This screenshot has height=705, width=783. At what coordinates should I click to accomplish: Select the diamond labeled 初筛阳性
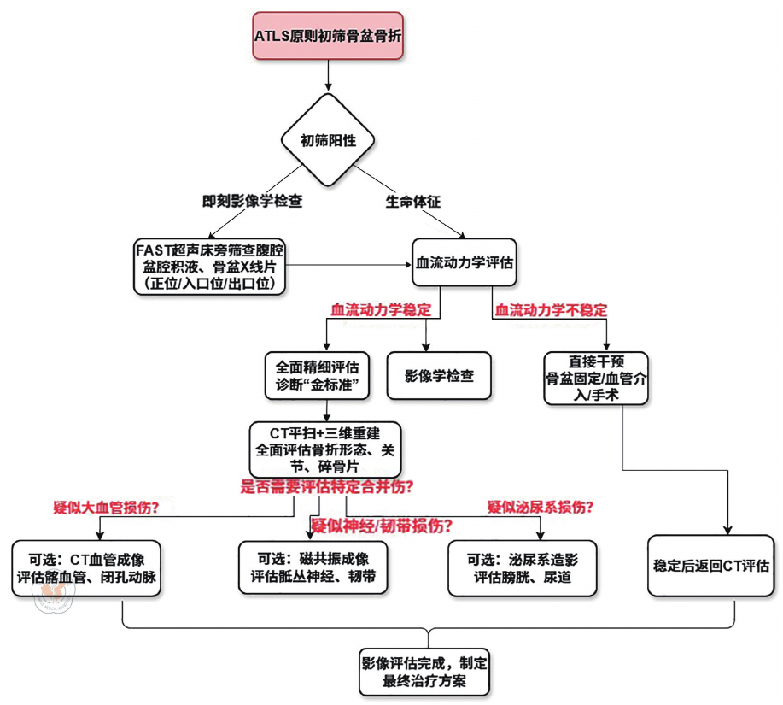coord(328,140)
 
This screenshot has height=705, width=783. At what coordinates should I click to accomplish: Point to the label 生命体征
coord(413,202)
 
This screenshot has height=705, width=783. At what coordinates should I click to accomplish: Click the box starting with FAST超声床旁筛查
coord(209,267)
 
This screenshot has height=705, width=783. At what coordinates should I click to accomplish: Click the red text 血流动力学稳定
coord(381,308)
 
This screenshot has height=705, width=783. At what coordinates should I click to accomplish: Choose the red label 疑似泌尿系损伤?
coord(541,507)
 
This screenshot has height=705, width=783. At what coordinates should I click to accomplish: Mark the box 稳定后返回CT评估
coord(710,565)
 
